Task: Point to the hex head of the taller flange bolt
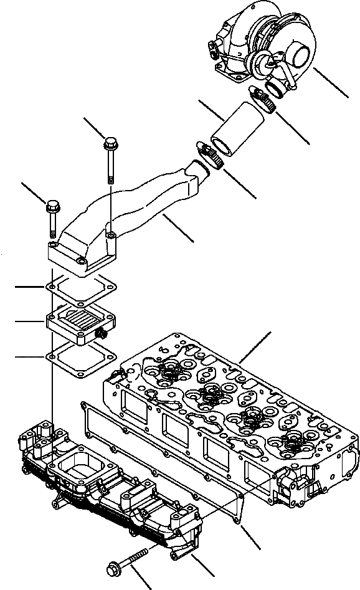point(110,143)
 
